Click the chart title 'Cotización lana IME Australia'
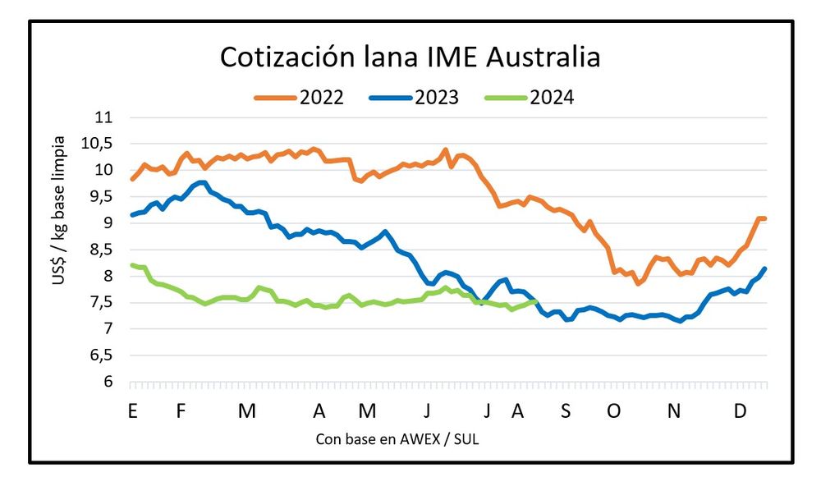click(410, 58)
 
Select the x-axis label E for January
click(131, 411)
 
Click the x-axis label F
click(181, 411)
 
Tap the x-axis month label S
click(565, 411)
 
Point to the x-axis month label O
click(614, 411)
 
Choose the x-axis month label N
click(674, 411)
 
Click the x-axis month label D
click(740, 411)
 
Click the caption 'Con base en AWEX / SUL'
click(397, 439)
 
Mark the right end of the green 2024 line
click(536, 301)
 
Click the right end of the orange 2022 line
click(765, 218)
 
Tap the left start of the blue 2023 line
click(131, 215)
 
